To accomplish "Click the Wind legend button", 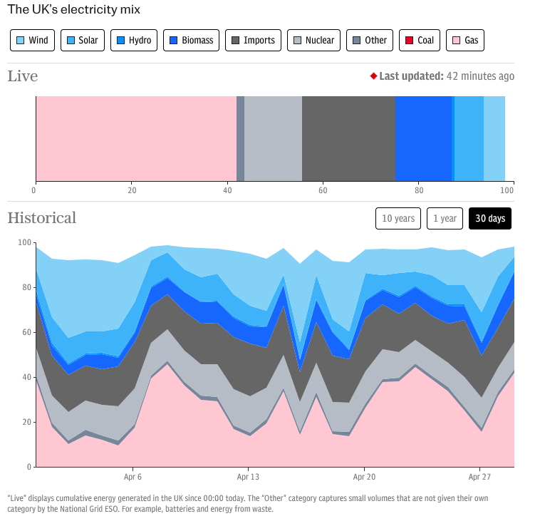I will coord(33,40).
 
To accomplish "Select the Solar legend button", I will coord(83,40).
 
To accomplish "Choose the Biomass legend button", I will coord(191,40).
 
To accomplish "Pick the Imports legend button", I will coord(253,40).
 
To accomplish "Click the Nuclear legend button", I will coord(313,40).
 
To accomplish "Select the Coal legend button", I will coord(420,40).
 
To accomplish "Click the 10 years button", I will coord(398,218).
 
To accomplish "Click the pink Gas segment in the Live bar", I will coord(135,138).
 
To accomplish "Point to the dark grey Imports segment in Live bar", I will coord(348,138).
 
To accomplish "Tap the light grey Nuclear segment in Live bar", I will coord(273,138).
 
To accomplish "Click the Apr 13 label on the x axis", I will coord(248,477).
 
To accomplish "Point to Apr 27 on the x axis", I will coord(480,477).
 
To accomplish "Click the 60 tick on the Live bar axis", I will coord(323,190).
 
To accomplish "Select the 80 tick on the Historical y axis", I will coord(26,287).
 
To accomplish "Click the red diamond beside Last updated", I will coord(373,76).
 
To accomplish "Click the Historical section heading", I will coord(42,217).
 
